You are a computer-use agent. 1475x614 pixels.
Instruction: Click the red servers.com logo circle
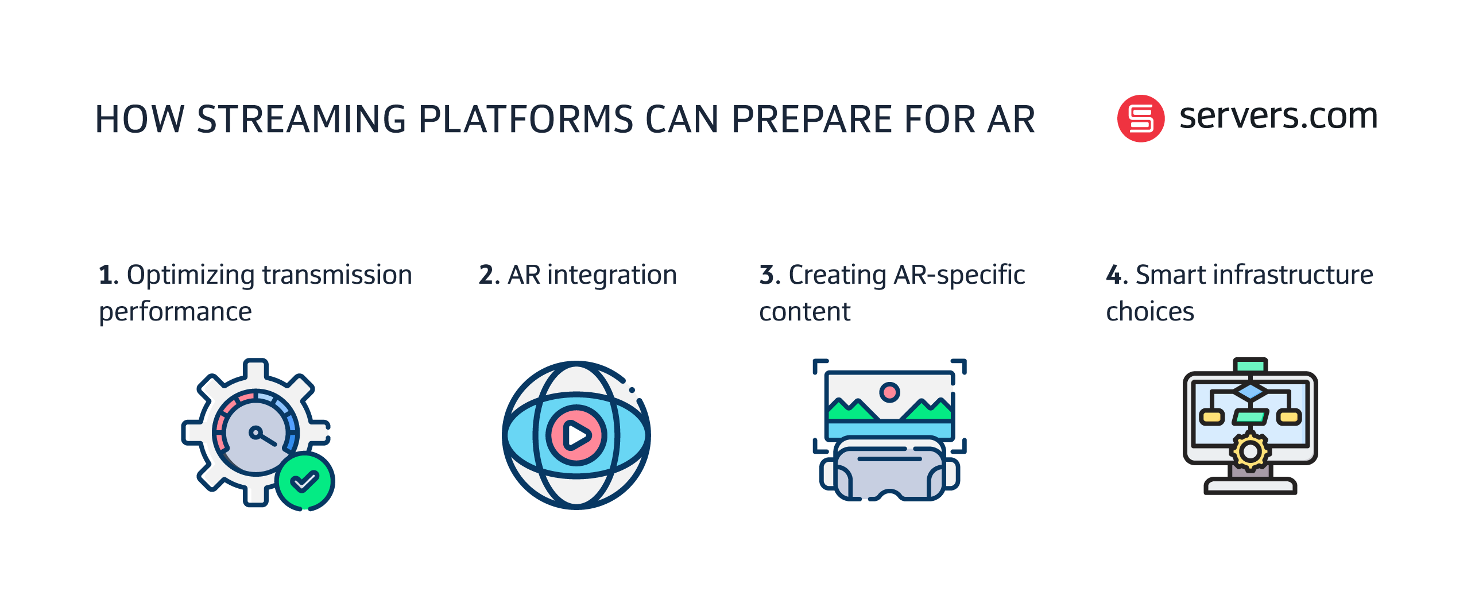1140,118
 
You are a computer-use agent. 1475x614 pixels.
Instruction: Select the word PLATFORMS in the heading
525,119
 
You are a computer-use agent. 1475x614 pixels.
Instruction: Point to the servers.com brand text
1278,117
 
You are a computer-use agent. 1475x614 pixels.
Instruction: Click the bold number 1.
106,275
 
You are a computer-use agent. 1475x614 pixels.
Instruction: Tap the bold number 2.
486,275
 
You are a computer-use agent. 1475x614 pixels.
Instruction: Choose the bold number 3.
766,275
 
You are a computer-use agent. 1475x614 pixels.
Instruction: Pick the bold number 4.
1114,275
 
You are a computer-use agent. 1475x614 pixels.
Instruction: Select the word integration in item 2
612,276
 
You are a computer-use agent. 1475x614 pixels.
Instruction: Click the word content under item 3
804,312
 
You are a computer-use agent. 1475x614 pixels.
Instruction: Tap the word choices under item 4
1150,311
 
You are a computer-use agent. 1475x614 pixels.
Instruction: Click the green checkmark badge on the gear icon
305,481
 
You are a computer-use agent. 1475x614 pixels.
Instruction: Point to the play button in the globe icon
576,435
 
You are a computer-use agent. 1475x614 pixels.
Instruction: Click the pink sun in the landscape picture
889,392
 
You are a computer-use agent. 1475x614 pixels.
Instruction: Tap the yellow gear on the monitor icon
1250,451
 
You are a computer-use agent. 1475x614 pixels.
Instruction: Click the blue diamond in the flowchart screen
1250,392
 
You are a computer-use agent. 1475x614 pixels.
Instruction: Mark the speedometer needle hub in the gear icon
255,432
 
